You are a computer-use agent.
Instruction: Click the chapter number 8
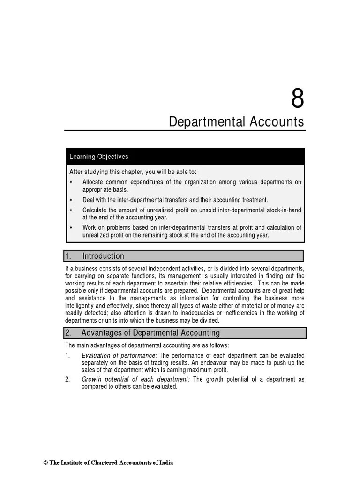pyautogui.click(x=298, y=99)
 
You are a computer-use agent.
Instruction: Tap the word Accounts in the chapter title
pyautogui.click(x=278, y=122)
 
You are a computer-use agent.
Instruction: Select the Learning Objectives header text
pyautogui.click(x=98, y=157)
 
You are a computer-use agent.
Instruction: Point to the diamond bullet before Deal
pyautogui.click(x=71, y=200)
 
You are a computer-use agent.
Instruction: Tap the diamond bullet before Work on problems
pyautogui.click(x=71, y=227)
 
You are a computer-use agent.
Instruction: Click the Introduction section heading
pyautogui.click(x=103, y=256)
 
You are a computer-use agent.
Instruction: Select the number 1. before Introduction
pyautogui.click(x=68, y=256)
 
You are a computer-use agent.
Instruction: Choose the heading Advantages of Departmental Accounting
pyautogui.click(x=150, y=333)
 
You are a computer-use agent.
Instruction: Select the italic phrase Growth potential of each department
pyautogui.click(x=135, y=379)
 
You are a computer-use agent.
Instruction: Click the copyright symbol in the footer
pyautogui.click(x=46, y=463)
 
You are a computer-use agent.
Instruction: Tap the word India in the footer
pyautogui.click(x=166, y=463)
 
